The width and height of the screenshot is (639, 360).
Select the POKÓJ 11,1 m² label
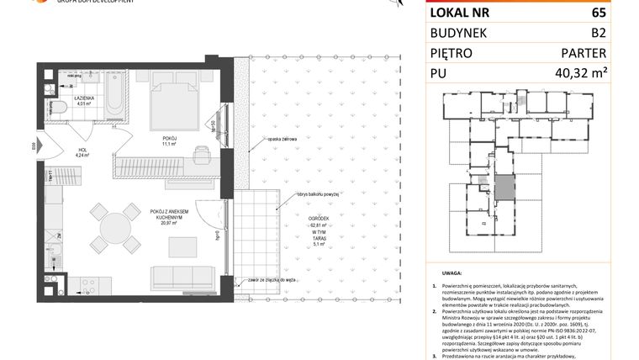pos(169,140)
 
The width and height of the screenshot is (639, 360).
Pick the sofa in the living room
pos(182,276)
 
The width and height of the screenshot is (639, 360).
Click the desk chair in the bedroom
pos(202,154)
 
